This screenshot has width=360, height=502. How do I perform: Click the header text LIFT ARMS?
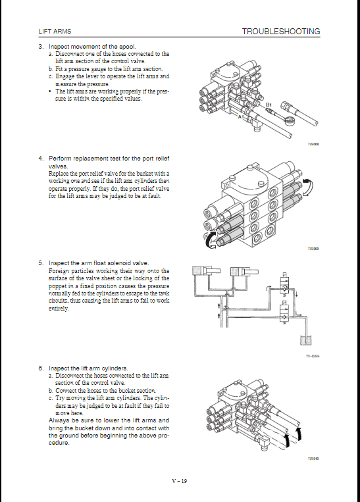pos(55,32)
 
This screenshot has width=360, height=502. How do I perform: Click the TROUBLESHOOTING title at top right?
pos(281,32)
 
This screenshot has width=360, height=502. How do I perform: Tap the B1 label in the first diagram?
pos(269,105)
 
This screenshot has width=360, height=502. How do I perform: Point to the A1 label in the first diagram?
pos(241,117)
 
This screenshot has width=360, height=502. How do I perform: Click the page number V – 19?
pos(180,480)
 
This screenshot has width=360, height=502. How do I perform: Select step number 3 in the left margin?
pos(41,47)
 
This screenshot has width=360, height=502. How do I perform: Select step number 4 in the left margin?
pos(41,159)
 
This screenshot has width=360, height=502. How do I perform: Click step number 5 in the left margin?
pos(41,263)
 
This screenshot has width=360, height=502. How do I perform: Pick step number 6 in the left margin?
pos(41,368)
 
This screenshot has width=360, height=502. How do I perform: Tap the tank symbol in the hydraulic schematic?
pos(306,340)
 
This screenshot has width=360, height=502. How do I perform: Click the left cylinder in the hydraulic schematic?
pos(206,270)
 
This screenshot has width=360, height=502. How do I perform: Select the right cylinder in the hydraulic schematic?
pos(244,272)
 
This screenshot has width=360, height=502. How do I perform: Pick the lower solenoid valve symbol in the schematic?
pos(284,314)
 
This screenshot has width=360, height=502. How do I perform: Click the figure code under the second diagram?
pos(313,249)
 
